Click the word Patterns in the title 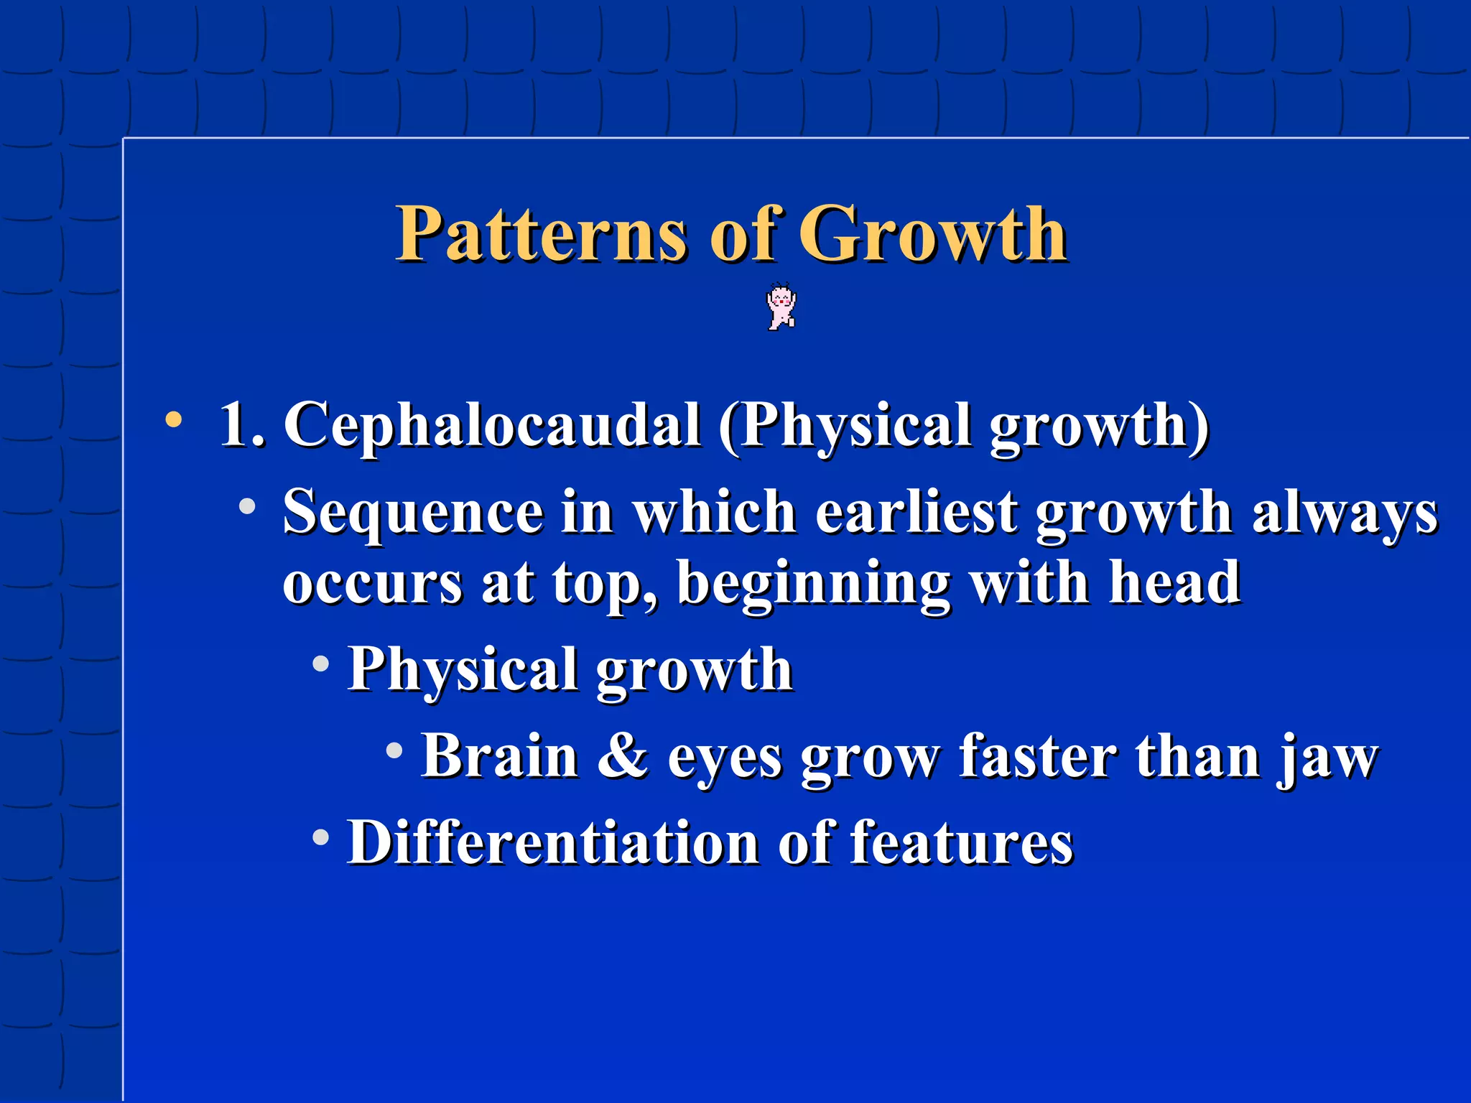541,234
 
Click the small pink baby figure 781,307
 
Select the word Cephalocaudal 492,425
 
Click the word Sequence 413,513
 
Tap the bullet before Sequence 247,507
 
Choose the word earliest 917,511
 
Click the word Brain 500,755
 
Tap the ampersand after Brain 622,755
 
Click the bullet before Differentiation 321,837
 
